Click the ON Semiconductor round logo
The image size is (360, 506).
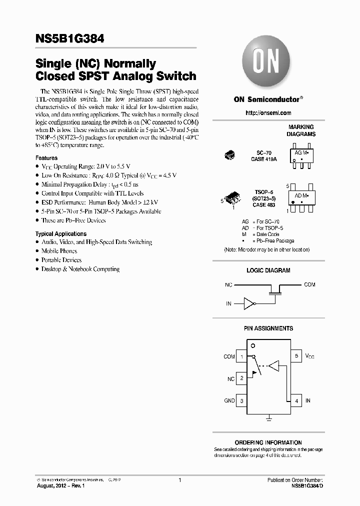(267, 64)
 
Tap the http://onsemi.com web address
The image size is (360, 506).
(268, 113)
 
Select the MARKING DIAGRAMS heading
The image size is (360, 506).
(300, 130)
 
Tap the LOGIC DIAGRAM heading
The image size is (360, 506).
(268, 270)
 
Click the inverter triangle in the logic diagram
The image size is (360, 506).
(248, 302)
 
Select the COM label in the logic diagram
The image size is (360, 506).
(309, 284)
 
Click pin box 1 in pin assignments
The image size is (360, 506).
(242, 356)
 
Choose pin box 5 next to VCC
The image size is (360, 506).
(296, 356)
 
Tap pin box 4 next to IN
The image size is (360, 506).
(296, 400)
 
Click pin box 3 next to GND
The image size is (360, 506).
(242, 400)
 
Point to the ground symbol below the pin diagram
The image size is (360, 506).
(269, 416)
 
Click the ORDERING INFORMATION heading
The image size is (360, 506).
(268, 442)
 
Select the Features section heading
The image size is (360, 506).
(46, 158)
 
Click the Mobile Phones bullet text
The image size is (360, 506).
(59, 251)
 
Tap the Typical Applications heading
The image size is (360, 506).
(61, 233)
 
